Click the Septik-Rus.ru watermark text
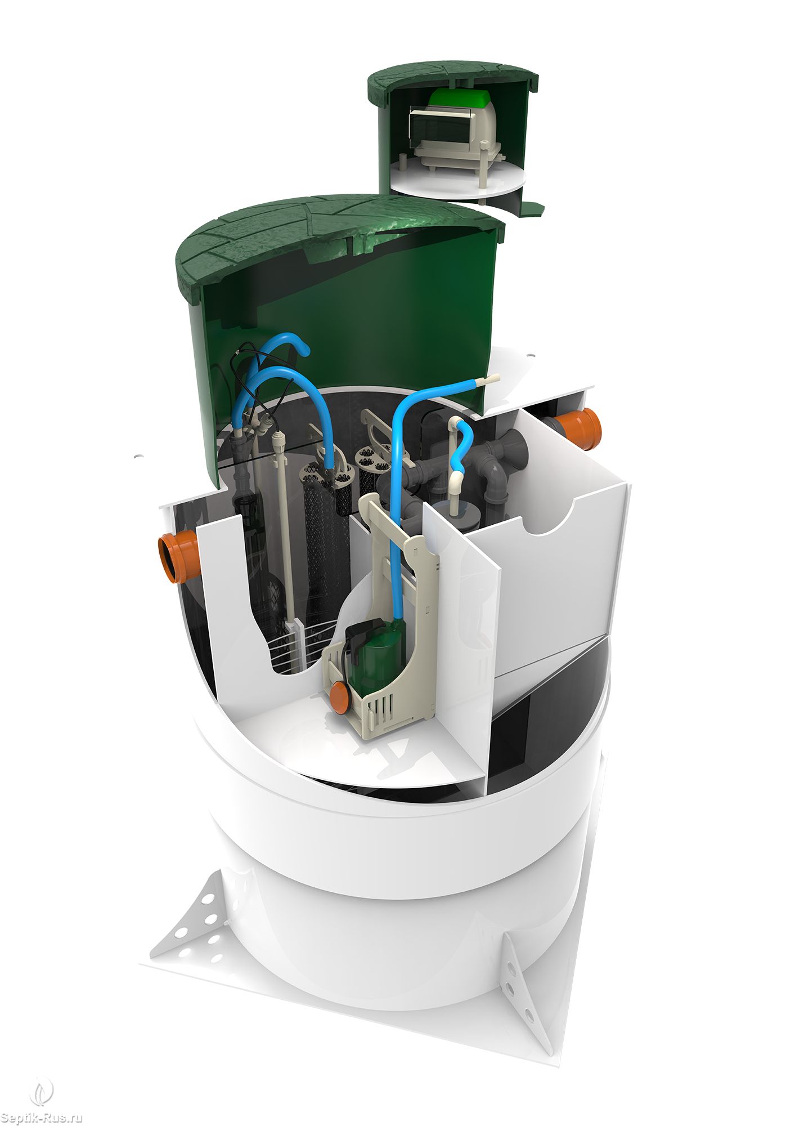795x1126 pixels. click(x=42, y=1117)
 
